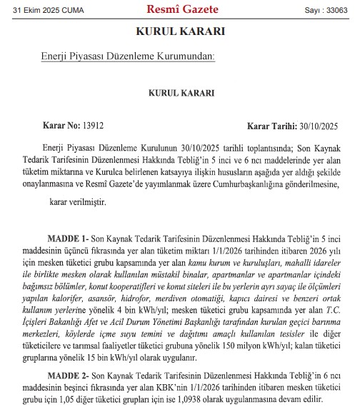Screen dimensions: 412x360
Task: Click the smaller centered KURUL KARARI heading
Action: point(181,93)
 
